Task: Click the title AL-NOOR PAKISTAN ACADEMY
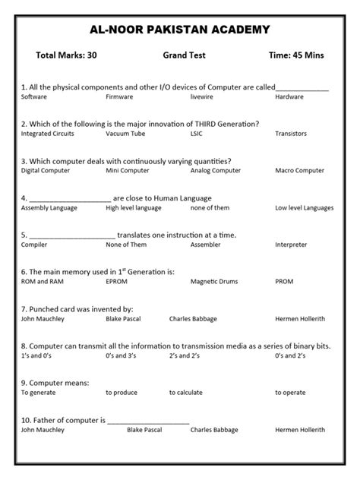(179, 30)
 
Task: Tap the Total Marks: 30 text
(66, 55)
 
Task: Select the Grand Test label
(184, 55)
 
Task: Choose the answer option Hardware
(289, 97)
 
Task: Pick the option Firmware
(119, 97)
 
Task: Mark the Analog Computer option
(216, 171)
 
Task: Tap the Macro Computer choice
(299, 171)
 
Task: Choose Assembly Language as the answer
(50, 207)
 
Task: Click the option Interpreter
(291, 245)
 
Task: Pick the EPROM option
(117, 281)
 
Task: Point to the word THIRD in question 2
(197, 124)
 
